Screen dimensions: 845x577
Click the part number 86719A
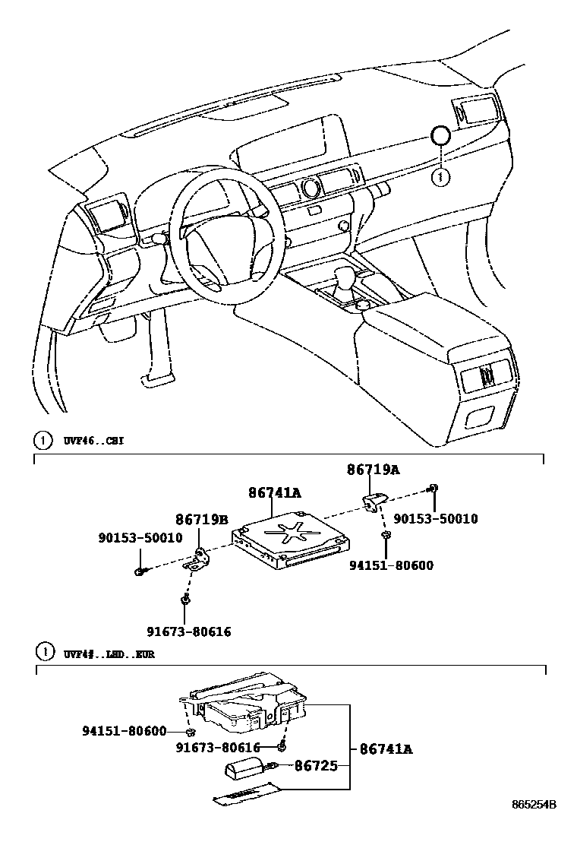tap(373, 470)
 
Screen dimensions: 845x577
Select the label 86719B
tap(201, 520)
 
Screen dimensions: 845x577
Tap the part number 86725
tap(316, 765)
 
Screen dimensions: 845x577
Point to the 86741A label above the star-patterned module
tap(274, 493)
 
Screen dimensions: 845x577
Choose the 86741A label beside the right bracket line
tap(385, 749)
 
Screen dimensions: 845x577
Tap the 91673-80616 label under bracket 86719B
tap(188, 631)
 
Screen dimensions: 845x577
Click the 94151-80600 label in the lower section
tap(124, 731)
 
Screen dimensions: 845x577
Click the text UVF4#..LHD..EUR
tap(109, 654)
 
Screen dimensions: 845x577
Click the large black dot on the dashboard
tap(440, 137)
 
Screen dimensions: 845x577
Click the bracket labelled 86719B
tap(199, 559)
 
